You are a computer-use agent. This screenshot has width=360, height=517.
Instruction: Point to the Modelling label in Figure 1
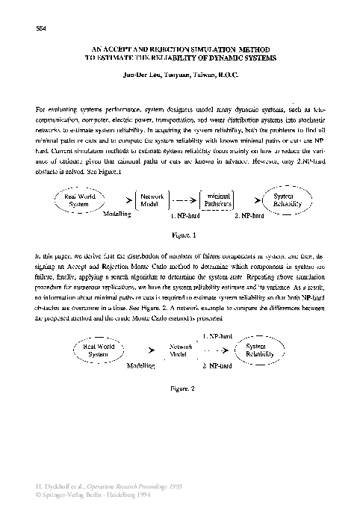(117, 214)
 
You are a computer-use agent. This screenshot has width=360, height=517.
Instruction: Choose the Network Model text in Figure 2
(181, 350)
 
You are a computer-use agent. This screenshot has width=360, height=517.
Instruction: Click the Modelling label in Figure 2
(141, 367)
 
